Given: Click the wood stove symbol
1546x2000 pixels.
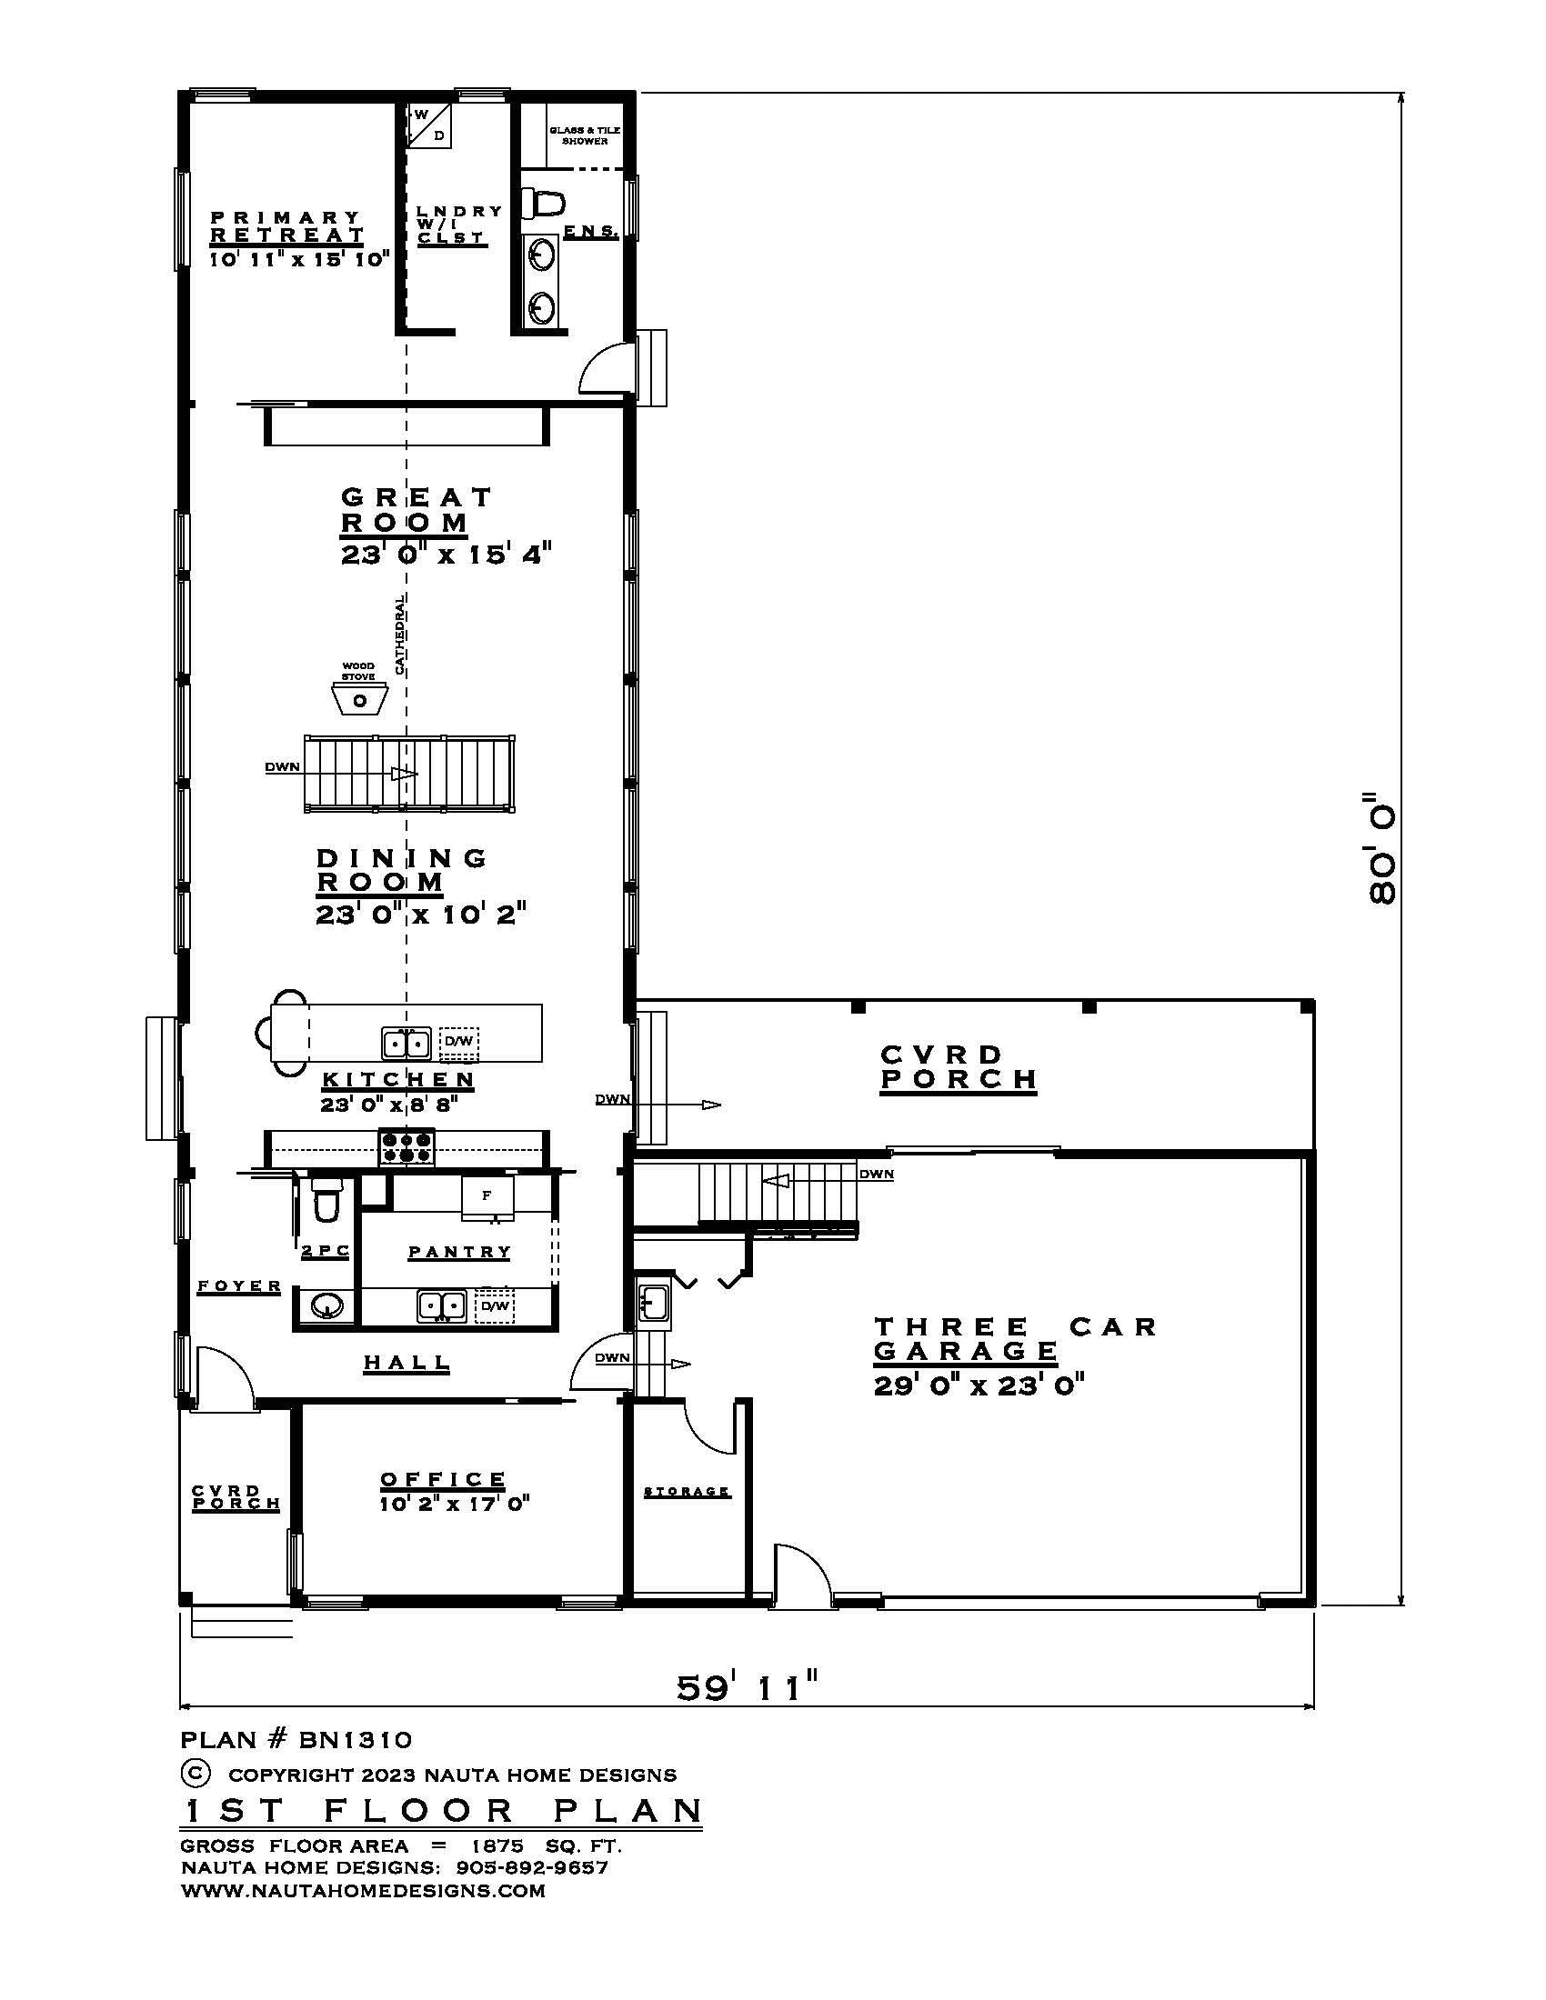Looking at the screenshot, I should coord(360,700).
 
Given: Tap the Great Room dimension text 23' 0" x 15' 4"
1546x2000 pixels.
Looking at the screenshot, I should coord(446,555).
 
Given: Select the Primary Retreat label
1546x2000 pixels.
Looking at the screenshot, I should coord(286,226).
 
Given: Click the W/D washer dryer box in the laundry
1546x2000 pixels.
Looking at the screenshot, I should coord(429,126).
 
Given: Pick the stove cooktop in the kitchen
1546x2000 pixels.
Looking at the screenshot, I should coord(407,1147).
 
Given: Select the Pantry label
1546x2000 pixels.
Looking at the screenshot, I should coord(460,1252).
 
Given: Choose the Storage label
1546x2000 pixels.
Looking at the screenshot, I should coord(687,1492).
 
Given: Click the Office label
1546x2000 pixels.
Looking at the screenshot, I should coord(443,1479).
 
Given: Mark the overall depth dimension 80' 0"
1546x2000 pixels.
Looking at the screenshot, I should coord(1381,848).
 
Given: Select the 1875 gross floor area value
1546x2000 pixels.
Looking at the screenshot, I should coord(497,1845).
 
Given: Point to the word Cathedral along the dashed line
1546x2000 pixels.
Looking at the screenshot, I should coord(399,634).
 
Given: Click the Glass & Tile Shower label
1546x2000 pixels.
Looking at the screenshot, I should coord(586,135).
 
